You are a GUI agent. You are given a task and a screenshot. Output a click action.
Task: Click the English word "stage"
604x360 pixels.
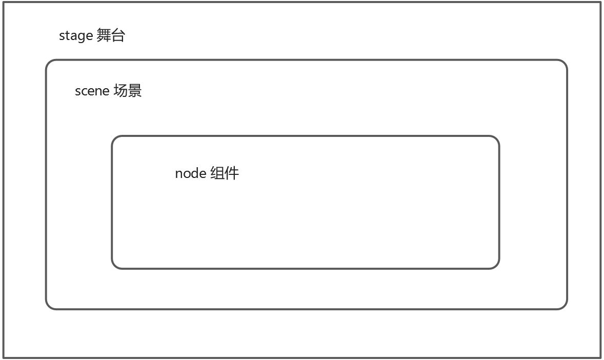pyautogui.click(x=76, y=36)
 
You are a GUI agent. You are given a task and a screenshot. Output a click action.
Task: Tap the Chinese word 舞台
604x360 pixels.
pyautogui.click(x=111, y=36)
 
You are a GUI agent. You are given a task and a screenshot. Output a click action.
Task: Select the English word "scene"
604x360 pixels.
pyautogui.click(x=92, y=91)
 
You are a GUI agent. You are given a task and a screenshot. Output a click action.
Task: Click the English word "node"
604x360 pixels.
pyautogui.click(x=190, y=173)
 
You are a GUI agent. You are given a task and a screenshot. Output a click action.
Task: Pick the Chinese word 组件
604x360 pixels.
pyautogui.click(x=225, y=173)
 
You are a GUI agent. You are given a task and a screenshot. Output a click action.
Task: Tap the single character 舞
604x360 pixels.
pyautogui.click(x=104, y=36)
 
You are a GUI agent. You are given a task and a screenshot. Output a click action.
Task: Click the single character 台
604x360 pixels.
pyautogui.click(x=118, y=36)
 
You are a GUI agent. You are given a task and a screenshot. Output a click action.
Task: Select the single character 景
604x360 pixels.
pyautogui.click(x=134, y=91)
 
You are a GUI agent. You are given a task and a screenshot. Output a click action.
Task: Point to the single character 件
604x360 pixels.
pyautogui.click(x=232, y=173)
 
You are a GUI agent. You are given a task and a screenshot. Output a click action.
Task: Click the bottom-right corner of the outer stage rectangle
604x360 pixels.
pyautogui.click(x=600, y=357)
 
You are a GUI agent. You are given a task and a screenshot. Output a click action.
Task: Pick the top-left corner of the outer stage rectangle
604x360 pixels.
pyautogui.click(x=4, y=3)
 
